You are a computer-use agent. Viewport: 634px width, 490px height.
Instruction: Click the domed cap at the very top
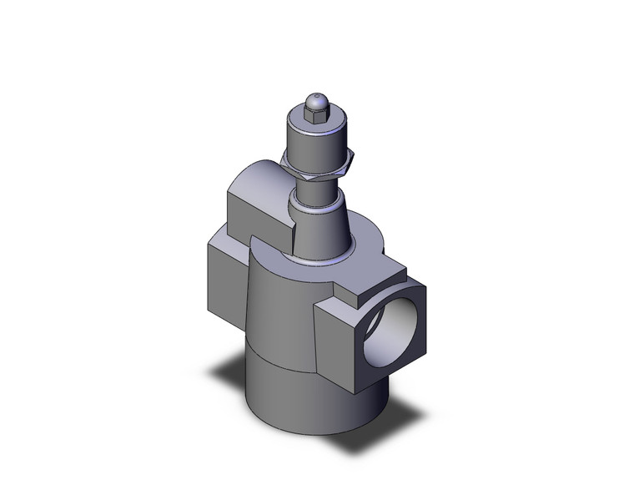(315, 100)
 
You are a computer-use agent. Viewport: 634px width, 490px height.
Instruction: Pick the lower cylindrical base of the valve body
(292, 392)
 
